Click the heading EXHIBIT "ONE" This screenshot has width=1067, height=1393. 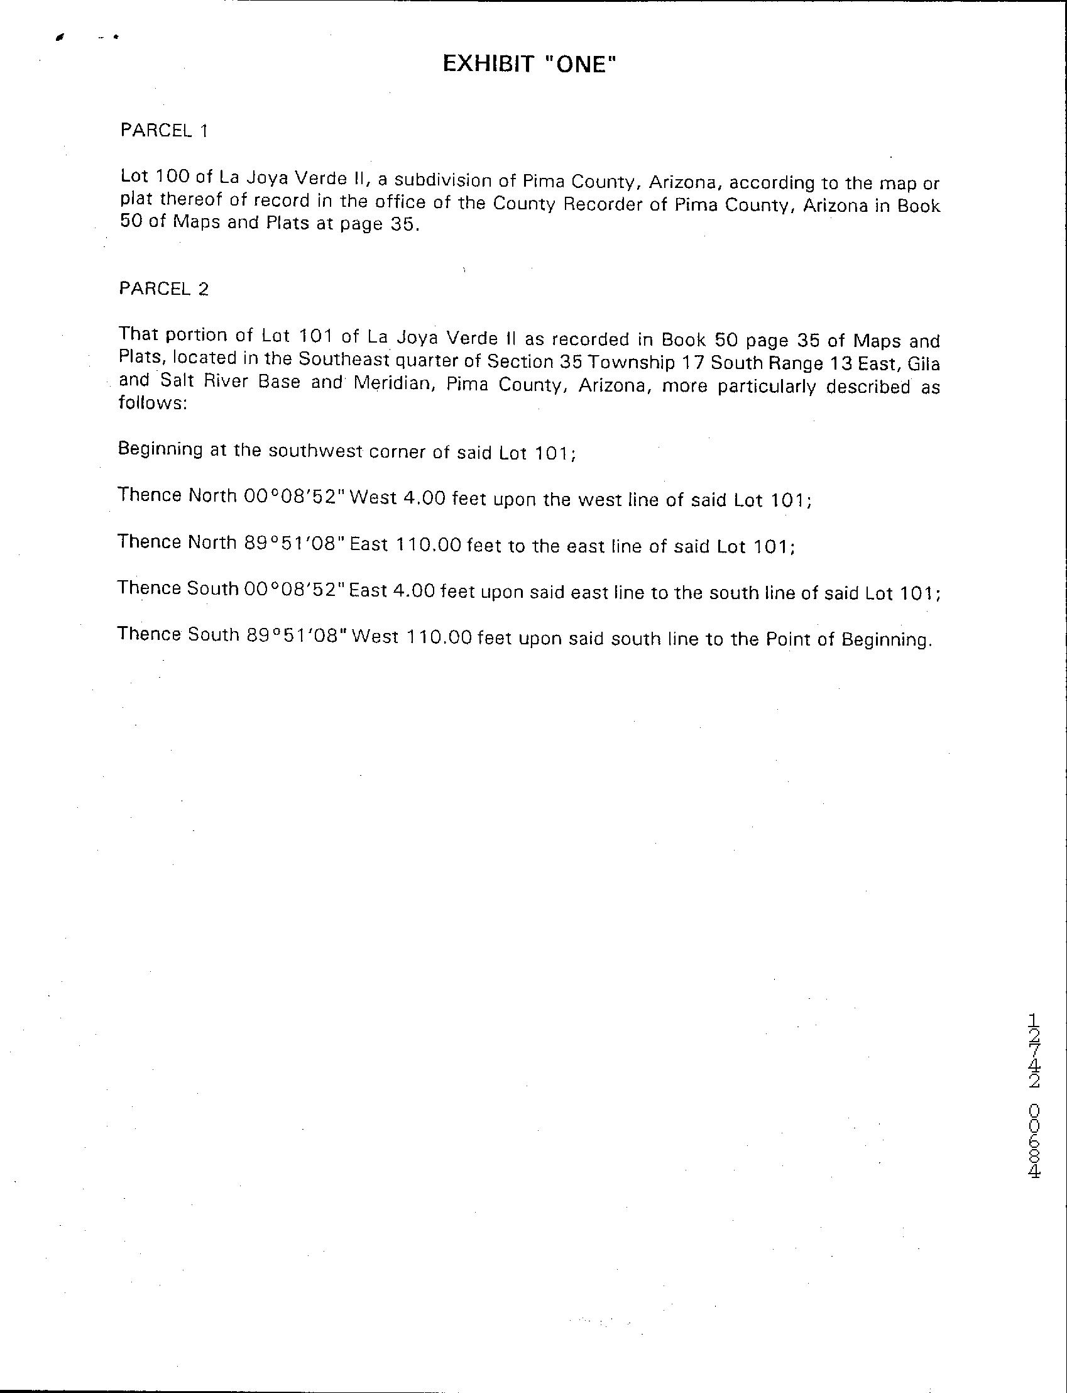coord(529,64)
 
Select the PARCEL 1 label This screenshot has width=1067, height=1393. coord(164,131)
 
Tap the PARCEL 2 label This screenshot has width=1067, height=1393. coord(163,289)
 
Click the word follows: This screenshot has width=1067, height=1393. coord(153,404)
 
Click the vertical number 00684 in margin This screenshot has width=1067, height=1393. coord(1034,1141)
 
